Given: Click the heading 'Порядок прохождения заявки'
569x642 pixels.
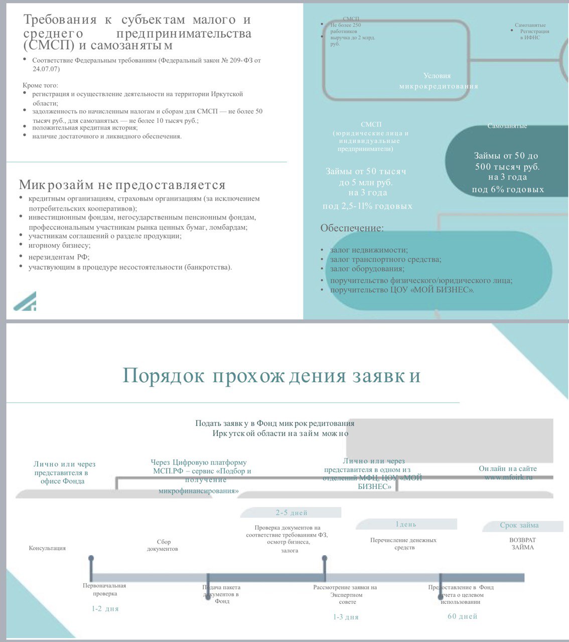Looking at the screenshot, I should click(x=271, y=376).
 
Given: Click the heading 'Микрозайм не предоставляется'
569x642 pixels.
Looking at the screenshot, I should click(x=122, y=185).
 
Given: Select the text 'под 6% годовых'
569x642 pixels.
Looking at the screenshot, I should click(x=507, y=190).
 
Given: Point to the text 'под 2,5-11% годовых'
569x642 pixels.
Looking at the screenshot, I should click(x=367, y=206).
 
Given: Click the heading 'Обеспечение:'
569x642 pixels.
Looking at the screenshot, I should click(x=352, y=228).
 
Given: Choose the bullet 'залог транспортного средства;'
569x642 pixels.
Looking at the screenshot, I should click(x=385, y=259).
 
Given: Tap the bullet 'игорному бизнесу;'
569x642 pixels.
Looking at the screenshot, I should click(x=59, y=245).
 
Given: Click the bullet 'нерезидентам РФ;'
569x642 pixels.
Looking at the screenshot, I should click(x=59, y=257).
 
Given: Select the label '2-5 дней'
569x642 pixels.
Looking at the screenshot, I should click(x=291, y=513).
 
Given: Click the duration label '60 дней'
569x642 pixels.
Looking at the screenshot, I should click(x=462, y=616).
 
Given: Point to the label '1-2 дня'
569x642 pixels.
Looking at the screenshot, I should click(x=105, y=608).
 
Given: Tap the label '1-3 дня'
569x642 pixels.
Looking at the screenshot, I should click(x=346, y=617).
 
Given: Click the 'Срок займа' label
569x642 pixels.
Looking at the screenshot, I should click(x=519, y=526).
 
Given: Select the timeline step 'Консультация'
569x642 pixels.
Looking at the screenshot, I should click(x=47, y=548).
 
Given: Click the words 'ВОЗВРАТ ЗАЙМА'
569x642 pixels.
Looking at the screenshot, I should click(x=522, y=544).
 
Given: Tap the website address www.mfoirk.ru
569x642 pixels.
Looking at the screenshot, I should click(x=508, y=477).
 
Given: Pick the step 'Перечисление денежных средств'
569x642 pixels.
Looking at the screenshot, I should click(x=403, y=544).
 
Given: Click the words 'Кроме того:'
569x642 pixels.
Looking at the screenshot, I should click(x=40, y=85).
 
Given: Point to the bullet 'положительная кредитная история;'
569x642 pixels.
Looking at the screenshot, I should click(x=85, y=127).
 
